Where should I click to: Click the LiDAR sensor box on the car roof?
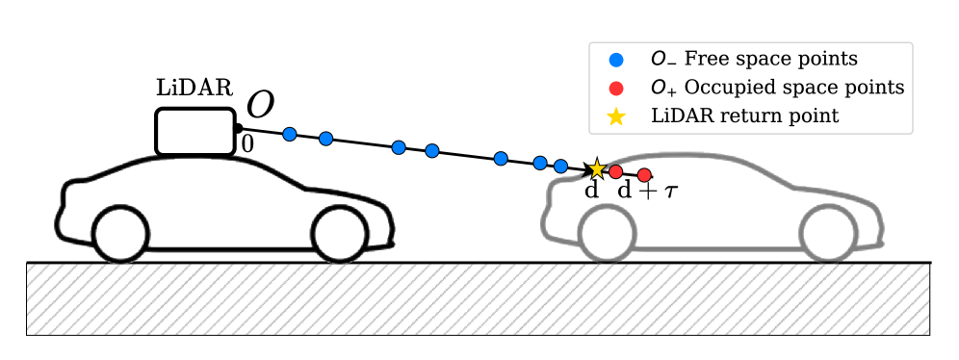point(196,131)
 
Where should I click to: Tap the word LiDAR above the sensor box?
point(194,89)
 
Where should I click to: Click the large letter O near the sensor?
point(260,105)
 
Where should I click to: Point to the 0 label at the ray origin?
point(246,144)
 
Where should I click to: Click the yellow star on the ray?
point(597,169)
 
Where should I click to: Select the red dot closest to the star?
point(616,171)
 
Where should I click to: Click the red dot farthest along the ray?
point(645,174)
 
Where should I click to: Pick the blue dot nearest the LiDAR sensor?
point(289,134)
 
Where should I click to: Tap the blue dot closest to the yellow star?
point(560,165)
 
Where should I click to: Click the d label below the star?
point(592,191)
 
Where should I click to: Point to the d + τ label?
point(646,191)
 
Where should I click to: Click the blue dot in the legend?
point(617,60)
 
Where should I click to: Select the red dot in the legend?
point(617,88)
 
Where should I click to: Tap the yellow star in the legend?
point(617,116)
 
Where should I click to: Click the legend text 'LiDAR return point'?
point(744,116)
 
